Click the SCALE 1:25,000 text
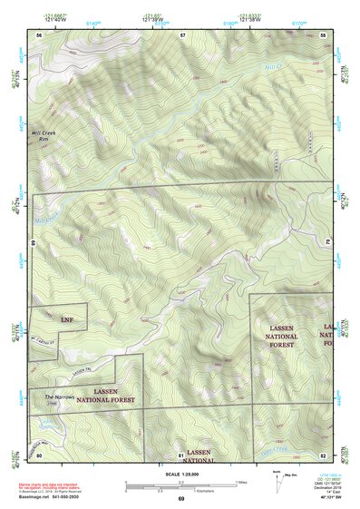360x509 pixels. point(180,475)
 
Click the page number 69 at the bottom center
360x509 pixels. point(180,500)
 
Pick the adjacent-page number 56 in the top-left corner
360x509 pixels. point(39,34)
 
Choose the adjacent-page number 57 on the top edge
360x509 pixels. point(182,34)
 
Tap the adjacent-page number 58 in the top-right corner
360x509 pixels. point(323,34)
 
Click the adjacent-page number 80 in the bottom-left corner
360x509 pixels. point(39,454)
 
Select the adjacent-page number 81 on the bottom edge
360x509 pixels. point(181,454)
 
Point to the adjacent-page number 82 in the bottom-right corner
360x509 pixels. point(323,454)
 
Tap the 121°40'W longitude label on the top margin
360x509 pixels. point(54,19)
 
